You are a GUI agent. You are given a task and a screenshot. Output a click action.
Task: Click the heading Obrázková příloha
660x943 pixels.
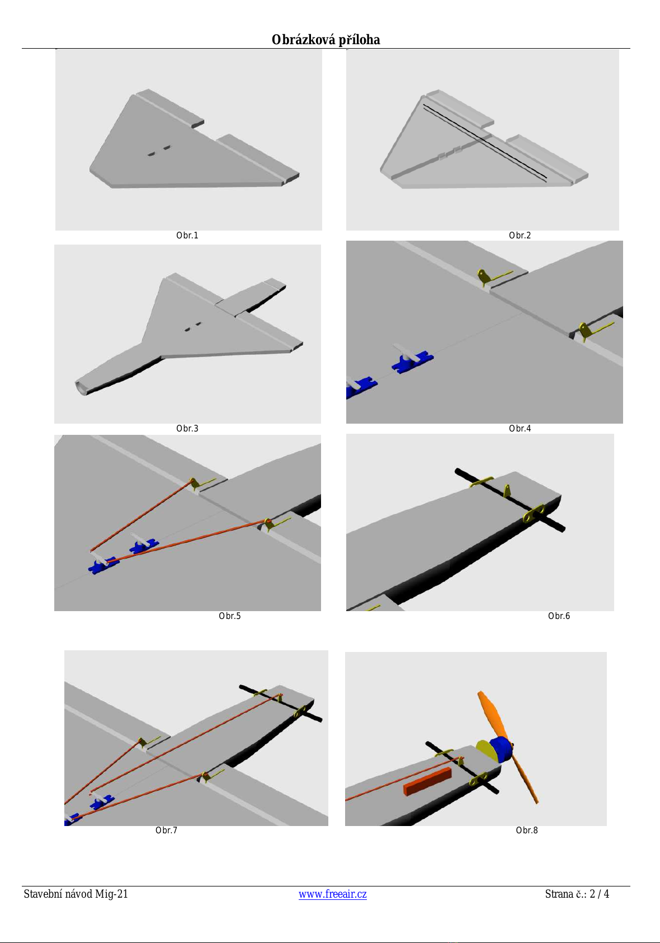326,40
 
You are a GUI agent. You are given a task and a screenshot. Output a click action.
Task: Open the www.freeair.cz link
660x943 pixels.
332,894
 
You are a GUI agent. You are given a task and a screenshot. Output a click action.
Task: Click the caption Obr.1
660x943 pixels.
187,235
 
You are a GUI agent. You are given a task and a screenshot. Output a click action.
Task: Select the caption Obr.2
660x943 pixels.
520,235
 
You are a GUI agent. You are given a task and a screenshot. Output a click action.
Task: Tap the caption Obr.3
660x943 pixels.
187,428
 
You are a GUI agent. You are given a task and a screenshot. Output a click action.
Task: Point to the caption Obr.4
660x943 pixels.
520,428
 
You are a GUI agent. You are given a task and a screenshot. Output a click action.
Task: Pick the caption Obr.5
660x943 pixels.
230,616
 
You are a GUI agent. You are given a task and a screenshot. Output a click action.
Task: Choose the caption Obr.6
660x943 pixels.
559,616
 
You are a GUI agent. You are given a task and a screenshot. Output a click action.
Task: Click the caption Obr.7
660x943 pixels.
166,830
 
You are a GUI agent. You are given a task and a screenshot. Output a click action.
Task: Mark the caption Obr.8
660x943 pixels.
527,830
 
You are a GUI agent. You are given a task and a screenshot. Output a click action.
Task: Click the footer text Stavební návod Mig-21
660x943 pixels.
76,894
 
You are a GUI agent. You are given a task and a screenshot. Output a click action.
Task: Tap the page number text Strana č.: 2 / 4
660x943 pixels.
577,894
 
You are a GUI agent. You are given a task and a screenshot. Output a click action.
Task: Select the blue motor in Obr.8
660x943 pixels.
502,750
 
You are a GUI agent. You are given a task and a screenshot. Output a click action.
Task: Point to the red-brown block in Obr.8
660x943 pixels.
427,782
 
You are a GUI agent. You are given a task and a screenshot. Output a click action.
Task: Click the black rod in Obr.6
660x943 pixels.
510,500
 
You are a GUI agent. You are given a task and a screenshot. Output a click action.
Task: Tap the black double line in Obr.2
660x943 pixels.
484,143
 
